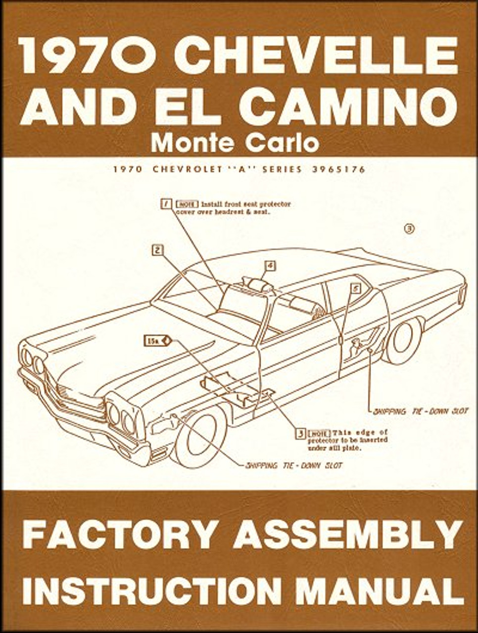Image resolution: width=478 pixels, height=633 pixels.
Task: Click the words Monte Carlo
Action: tap(235, 142)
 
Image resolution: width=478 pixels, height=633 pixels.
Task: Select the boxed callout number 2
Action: tap(157, 250)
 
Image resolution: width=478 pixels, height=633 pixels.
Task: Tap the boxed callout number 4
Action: tap(269, 266)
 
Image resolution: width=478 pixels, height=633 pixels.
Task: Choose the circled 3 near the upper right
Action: tap(409, 228)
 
